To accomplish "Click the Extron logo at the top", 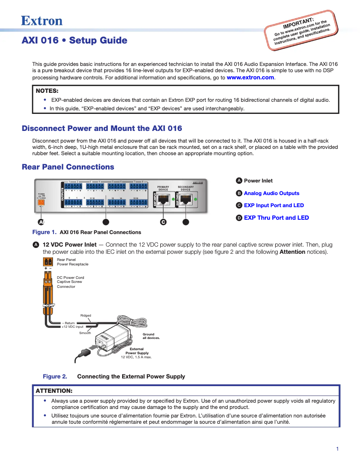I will coord(42,21).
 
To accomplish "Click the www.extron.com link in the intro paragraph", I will coord(250,78).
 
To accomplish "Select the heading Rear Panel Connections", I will coord(68,167).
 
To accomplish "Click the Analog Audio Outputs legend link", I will coord(271,193).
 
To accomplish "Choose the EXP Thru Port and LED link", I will coord(276,218).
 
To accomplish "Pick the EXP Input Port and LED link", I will coord(274,205).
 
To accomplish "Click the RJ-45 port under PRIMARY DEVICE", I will coord(164,200).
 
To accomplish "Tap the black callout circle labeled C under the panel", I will coord(163,222).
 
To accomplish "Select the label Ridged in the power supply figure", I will coord(85,316).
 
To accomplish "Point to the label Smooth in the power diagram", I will coord(85,333).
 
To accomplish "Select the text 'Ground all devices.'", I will coord(151,336).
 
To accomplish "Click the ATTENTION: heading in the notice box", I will coord(54,391).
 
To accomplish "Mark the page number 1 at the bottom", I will coord(337,449).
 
